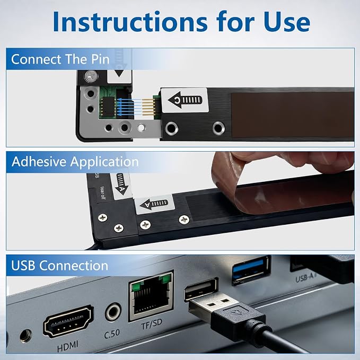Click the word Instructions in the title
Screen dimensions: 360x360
(130, 22)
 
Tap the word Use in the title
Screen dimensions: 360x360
(287, 22)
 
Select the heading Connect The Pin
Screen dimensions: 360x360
(60, 59)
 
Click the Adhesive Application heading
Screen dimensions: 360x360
(75, 162)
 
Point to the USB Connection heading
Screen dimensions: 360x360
(60, 266)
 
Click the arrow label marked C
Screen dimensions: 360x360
(185, 100)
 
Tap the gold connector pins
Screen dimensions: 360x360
(149, 107)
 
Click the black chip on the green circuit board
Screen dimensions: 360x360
(108, 107)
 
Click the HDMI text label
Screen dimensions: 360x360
(68, 346)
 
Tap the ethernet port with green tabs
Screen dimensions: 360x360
(151, 295)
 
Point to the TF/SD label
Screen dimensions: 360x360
(152, 324)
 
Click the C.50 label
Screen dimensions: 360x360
(112, 334)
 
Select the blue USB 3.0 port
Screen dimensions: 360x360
(251, 270)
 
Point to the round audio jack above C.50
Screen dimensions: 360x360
(113, 312)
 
